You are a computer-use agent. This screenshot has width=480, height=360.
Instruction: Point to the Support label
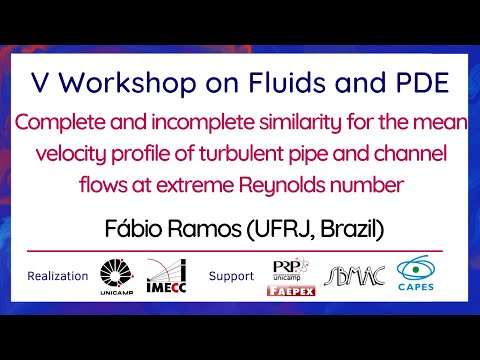click(x=231, y=275)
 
